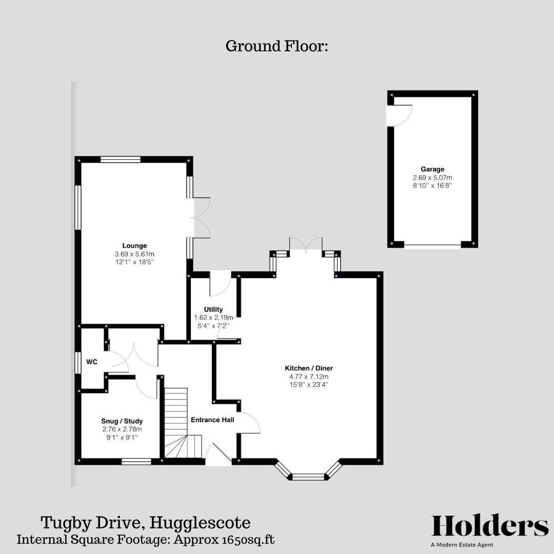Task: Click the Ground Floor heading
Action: click(x=276, y=46)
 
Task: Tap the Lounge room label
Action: click(x=134, y=245)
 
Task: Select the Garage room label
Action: click(x=432, y=169)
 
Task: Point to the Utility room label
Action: click(x=213, y=309)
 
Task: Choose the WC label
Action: click(x=92, y=362)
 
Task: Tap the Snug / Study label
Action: click(x=122, y=421)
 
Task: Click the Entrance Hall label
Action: click(x=212, y=420)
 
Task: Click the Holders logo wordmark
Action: click(x=489, y=526)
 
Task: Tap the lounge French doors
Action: click(x=200, y=217)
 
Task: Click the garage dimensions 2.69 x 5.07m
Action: click(x=432, y=177)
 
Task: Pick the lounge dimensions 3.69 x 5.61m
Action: click(x=134, y=254)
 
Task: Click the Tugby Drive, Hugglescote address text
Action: click(x=146, y=523)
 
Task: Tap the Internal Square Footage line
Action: click(x=146, y=540)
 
